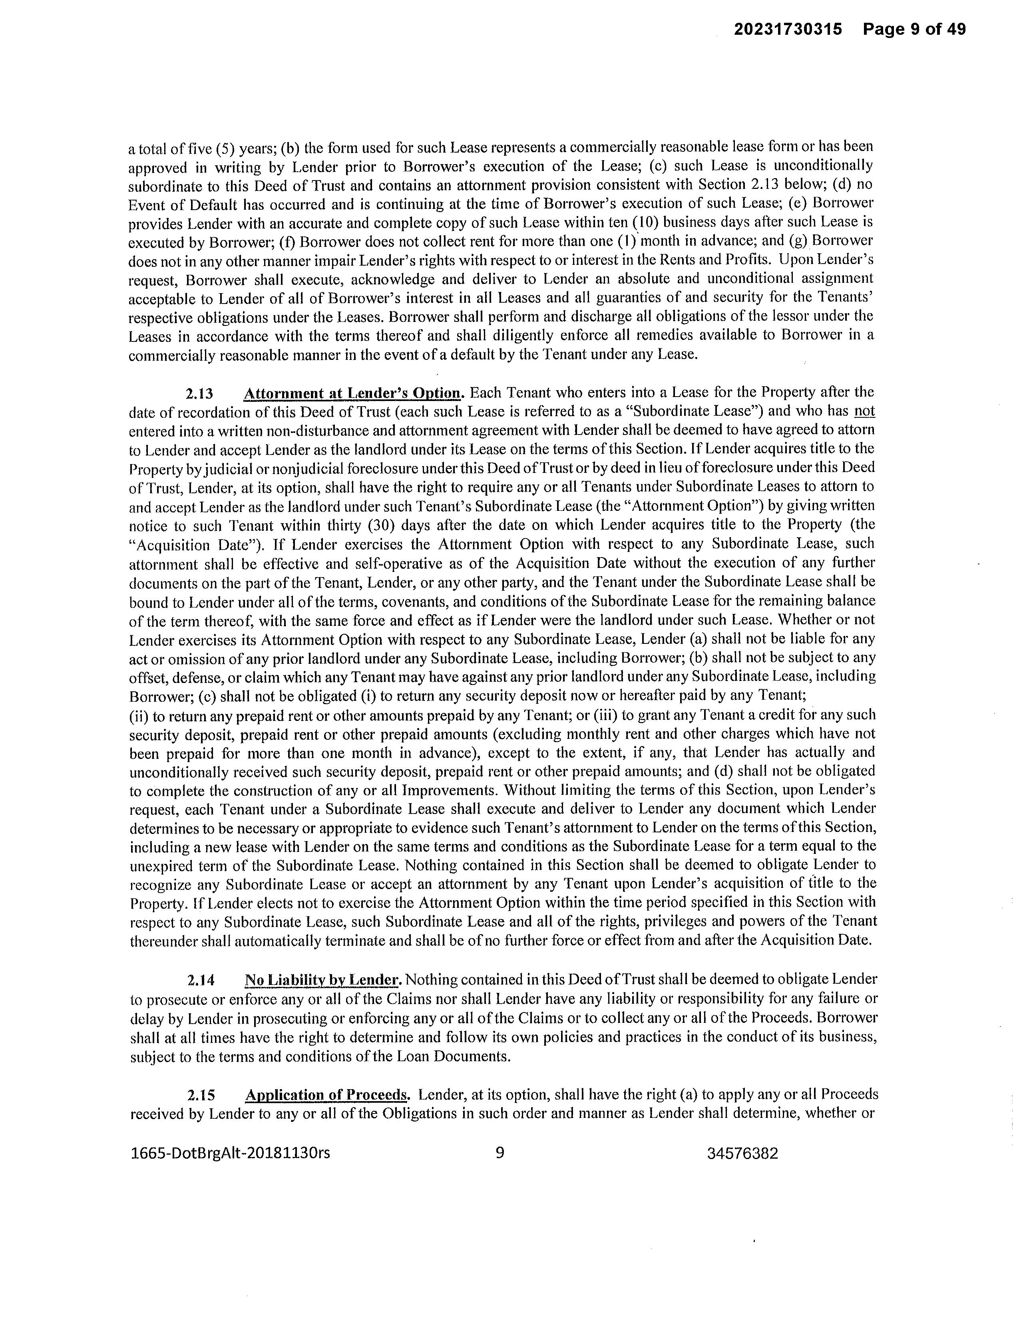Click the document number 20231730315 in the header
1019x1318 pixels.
(x=788, y=29)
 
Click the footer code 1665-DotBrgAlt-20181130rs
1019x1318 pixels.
(x=231, y=1153)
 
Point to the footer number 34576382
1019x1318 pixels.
(x=742, y=1154)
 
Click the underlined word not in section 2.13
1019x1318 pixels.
(x=864, y=411)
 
